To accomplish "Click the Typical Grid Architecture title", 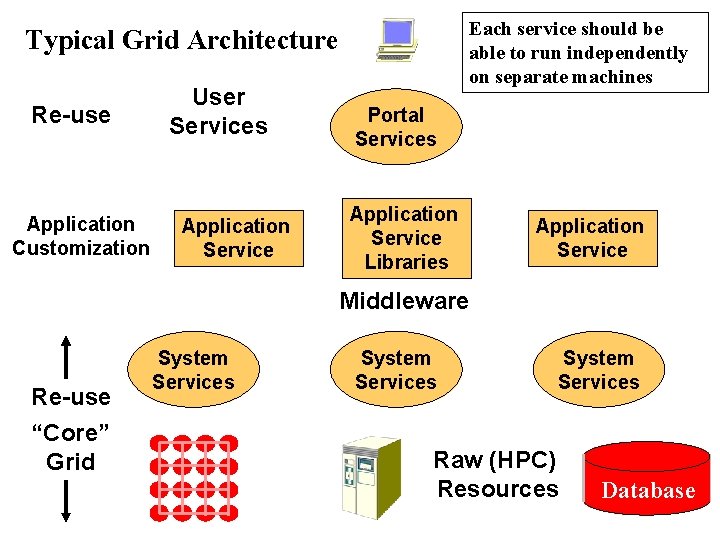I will (x=181, y=41).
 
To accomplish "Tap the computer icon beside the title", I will (x=396, y=40).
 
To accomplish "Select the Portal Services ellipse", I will (x=396, y=127).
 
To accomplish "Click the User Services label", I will (x=218, y=111).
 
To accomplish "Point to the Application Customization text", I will (x=81, y=236).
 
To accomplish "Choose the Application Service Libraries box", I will (x=405, y=238).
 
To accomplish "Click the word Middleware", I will (x=403, y=301).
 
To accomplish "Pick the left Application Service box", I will (x=237, y=238).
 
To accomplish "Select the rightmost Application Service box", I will (x=592, y=238).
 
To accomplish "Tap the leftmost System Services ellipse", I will (x=193, y=370).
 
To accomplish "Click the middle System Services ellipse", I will (x=396, y=370).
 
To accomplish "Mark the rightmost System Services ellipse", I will (x=598, y=370).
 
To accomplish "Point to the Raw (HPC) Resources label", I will (x=497, y=474).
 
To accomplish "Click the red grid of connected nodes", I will (x=194, y=477).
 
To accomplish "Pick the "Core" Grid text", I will (x=70, y=446).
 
